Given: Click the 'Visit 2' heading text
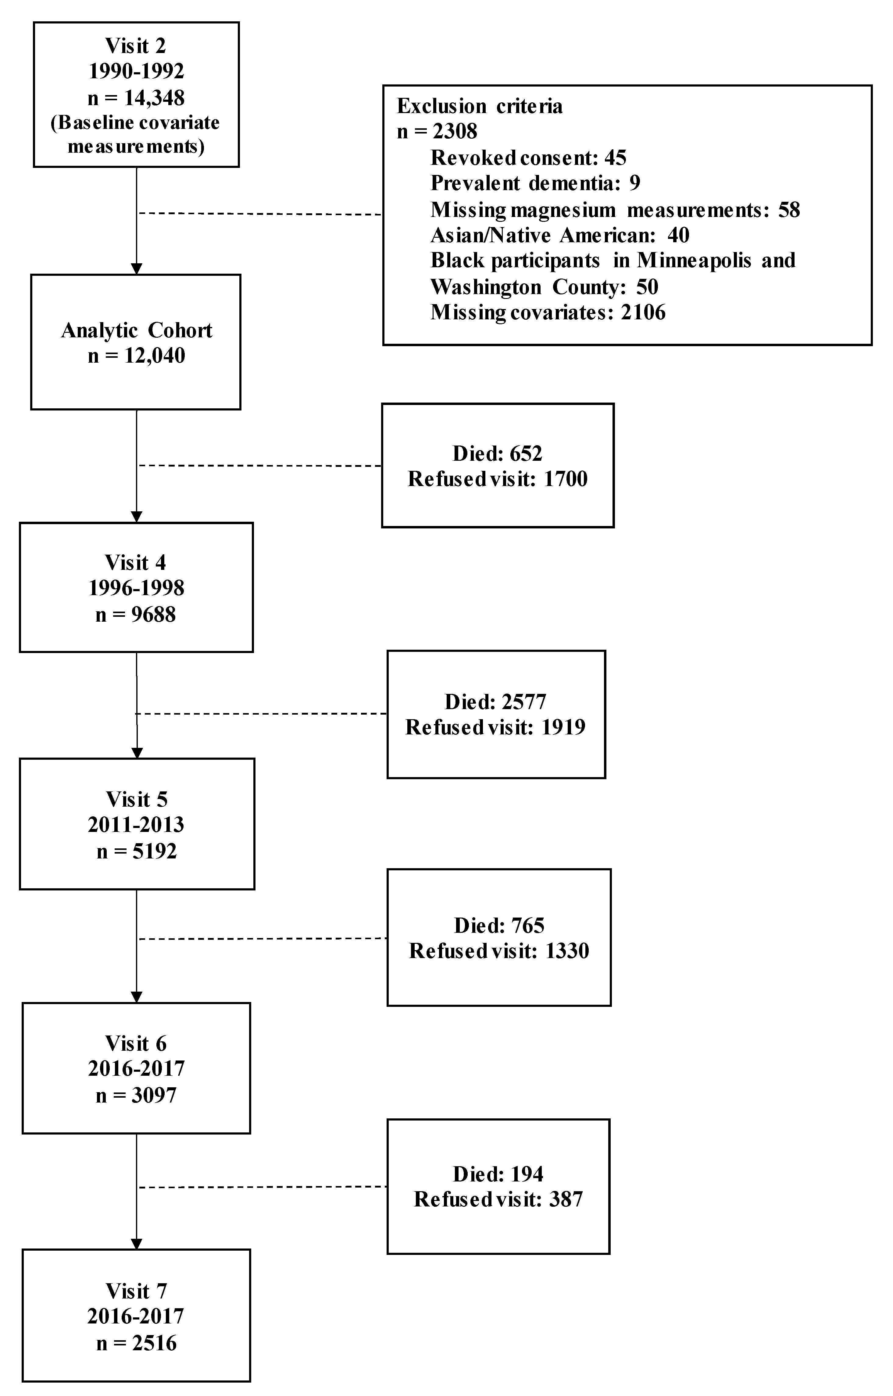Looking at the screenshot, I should (x=136, y=46).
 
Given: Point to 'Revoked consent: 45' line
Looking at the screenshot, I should (x=528, y=158).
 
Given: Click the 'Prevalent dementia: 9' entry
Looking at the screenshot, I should (x=535, y=183).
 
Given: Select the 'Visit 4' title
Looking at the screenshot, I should (x=136, y=562).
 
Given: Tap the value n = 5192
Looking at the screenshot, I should (x=136, y=851).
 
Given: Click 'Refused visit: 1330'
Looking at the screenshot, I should (x=499, y=951).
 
